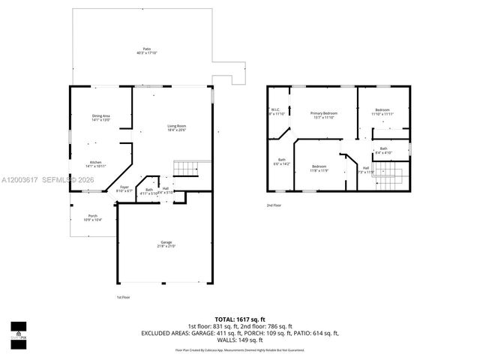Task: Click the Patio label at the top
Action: [147, 50]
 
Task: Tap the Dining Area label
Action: [100, 117]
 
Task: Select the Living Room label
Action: [176, 127]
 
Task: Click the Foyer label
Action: [124, 188]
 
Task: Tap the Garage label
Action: [165, 244]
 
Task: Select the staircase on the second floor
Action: [390, 178]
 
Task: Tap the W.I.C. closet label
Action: [275, 112]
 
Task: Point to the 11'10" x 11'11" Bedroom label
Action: [382, 112]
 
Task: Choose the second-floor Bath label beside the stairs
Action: [383, 150]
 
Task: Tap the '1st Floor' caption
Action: [123, 298]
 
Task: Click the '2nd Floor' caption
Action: [274, 205]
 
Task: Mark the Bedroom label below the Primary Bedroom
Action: [319, 168]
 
